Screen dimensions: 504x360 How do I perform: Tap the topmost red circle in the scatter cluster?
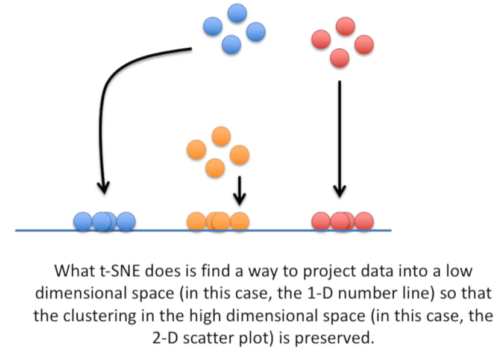[x=345, y=26]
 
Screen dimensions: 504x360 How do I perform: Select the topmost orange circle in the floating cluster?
[x=221, y=136]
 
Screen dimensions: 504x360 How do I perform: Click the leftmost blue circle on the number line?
[x=83, y=221]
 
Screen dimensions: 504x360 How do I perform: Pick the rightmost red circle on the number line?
[x=364, y=221]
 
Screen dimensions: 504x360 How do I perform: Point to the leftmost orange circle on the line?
[x=197, y=221]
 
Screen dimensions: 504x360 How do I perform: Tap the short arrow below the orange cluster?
[x=240, y=190]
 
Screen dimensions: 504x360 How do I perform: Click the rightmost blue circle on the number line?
[x=125, y=221]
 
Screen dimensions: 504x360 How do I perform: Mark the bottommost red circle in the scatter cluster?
[x=339, y=58]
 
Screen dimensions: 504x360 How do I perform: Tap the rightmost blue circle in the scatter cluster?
[x=255, y=31]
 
